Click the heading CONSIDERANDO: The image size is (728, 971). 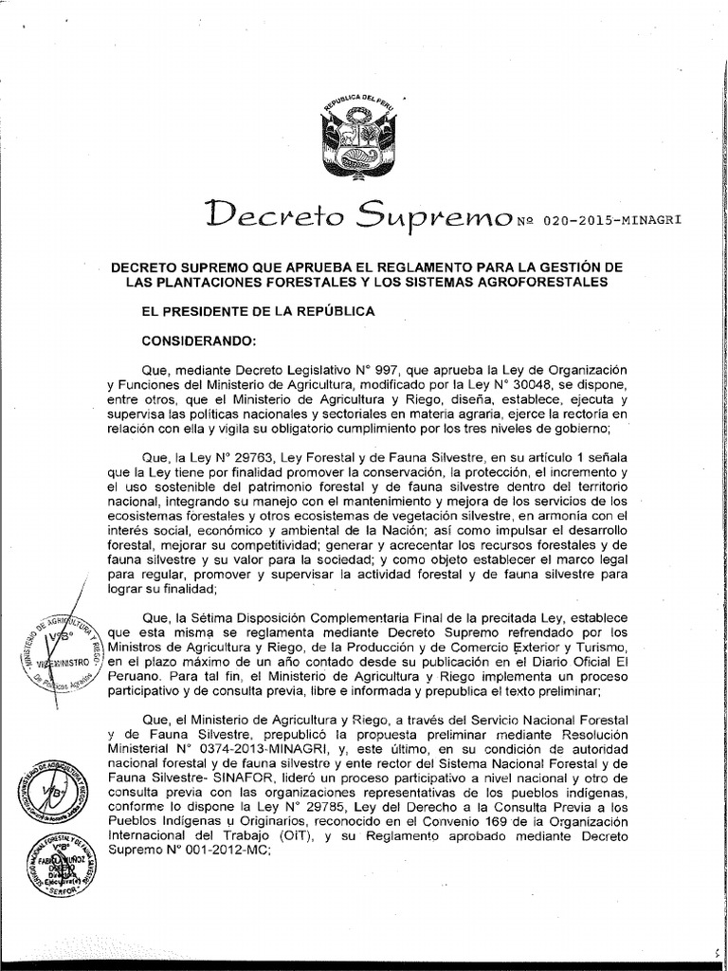click(x=192, y=339)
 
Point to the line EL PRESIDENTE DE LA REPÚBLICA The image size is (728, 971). click(x=246, y=311)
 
